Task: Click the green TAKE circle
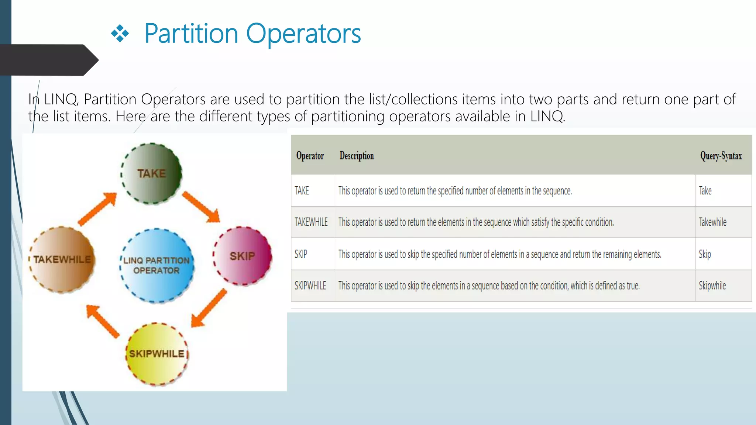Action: [x=151, y=173]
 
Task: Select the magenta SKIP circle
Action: [x=243, y=256]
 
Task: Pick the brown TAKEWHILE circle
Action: [x=62, y=260]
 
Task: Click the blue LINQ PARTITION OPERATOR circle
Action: [x=157, y=266]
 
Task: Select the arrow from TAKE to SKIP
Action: [x=201, y=207]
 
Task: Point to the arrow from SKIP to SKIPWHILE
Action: [x=209, y=308]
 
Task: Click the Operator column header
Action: [x=310, y=156]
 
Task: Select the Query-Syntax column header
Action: [x=721, y=156]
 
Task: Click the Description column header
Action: [x=357, y=156]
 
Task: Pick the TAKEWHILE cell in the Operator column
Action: [x=311, y=222]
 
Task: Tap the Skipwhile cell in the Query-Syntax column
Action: [x=712, y=286]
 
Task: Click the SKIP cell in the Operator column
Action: [x=301, y=254]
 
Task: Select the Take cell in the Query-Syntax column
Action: [x=705, y=191]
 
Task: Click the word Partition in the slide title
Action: [x=191, y=34]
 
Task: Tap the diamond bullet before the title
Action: [x=120, y=34]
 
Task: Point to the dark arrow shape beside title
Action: [x=48, y=60]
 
